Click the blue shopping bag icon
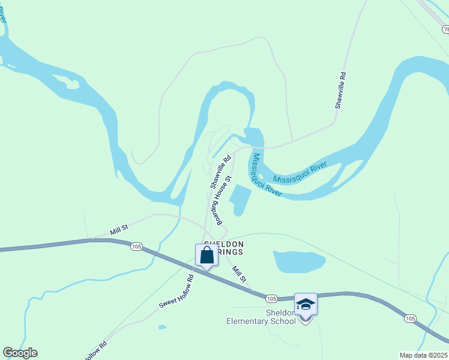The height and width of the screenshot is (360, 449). (x=206, y=255)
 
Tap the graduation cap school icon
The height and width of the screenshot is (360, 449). (x=306, y=304)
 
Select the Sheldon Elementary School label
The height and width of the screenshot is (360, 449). (x=261, y=317)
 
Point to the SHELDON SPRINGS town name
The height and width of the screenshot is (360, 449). (x=224, y=248)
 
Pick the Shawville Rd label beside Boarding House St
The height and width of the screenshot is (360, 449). (x=220, y=172)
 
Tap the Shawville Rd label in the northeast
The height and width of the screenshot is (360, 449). (x=340, y=90)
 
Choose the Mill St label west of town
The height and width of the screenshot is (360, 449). (x=119, y=230)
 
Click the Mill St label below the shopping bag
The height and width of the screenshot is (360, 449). (x=239, y=275)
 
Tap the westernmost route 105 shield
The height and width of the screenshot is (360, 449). (x=136, y=246)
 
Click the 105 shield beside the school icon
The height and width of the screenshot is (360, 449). (x=271, y=298)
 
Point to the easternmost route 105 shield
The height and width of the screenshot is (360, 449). (x=409, y=318)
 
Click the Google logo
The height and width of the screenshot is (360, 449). (x=20, y=353)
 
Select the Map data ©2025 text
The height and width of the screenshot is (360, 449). (x=424, y=355)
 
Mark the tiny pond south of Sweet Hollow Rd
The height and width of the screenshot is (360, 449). (x=162, y=327)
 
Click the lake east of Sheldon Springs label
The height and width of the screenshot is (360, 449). (x=298, y=261)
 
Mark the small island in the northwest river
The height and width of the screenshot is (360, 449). (x=73, y=83)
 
